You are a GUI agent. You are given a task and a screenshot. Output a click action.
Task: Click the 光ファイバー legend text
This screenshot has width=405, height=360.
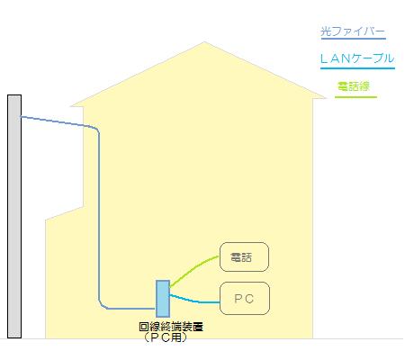(x=353, y=31)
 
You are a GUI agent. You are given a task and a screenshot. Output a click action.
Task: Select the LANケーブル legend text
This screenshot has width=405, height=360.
(x=357, y=58)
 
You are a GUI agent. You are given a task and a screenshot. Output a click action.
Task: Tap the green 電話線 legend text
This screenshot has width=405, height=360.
(x=354, y=86)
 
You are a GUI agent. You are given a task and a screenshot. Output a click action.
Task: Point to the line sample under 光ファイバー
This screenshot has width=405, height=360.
(x=354, y=39)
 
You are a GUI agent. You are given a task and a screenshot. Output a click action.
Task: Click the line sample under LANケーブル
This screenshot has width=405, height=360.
(x=357, y=68)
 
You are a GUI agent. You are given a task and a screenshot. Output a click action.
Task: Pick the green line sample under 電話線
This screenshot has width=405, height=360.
(x=355, y=97)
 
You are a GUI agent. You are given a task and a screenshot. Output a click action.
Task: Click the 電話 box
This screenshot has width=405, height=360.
(x=244, y=257)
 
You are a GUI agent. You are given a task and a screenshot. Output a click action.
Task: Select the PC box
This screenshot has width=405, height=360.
(x=245, y=298)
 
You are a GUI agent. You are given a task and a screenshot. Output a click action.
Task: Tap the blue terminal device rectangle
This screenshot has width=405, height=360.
(x=163, y=299)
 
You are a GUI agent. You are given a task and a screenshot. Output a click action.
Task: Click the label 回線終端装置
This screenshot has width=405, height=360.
(x=171, y=327)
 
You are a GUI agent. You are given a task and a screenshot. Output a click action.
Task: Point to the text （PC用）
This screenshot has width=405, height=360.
(x=166, y=337)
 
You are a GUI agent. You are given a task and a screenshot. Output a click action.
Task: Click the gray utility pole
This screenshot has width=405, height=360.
(x=14, y=217)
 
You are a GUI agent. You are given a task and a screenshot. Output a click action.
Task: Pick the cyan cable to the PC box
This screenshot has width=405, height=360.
(x=195, y=301)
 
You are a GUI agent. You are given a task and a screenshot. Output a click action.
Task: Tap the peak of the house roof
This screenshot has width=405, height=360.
(x=204, y=42)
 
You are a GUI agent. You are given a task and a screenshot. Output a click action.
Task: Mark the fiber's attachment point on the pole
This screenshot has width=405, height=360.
(x=21, y=117)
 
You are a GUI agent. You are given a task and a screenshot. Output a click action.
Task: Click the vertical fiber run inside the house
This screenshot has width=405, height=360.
(x=99, y=216)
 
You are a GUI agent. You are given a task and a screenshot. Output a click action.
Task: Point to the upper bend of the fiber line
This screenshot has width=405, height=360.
(x=95, y=129)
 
